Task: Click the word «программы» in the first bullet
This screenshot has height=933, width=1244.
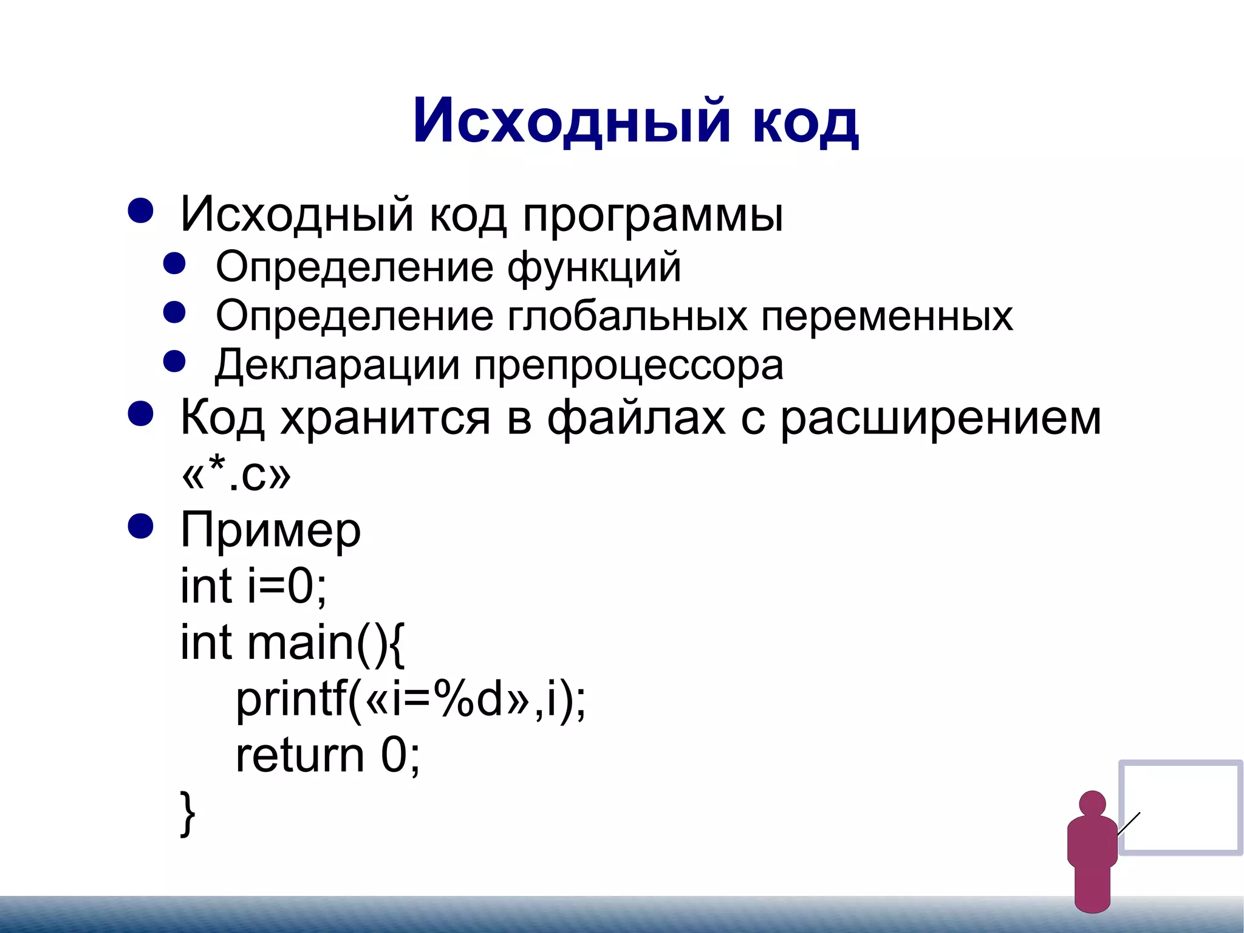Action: pyautogui.click(x=653, y=215)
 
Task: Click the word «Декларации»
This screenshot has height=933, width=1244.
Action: pyautogui.click(x=337, y=365)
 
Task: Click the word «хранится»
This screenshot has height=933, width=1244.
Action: pyautogui.click(x=384, y=418)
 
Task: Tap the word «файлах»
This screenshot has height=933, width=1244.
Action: pyautogui.click(x=636, y=418)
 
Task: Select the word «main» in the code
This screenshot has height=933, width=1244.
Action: pyautogui.click(x=300, y=642)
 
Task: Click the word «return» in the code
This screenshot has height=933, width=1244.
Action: pyautogui.click(x=300, y=756)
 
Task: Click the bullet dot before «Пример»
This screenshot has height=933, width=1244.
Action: pyautogui.click(x=140, y=526)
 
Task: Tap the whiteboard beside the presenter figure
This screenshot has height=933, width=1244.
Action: pyautogui.click(x=1180, y=807)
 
